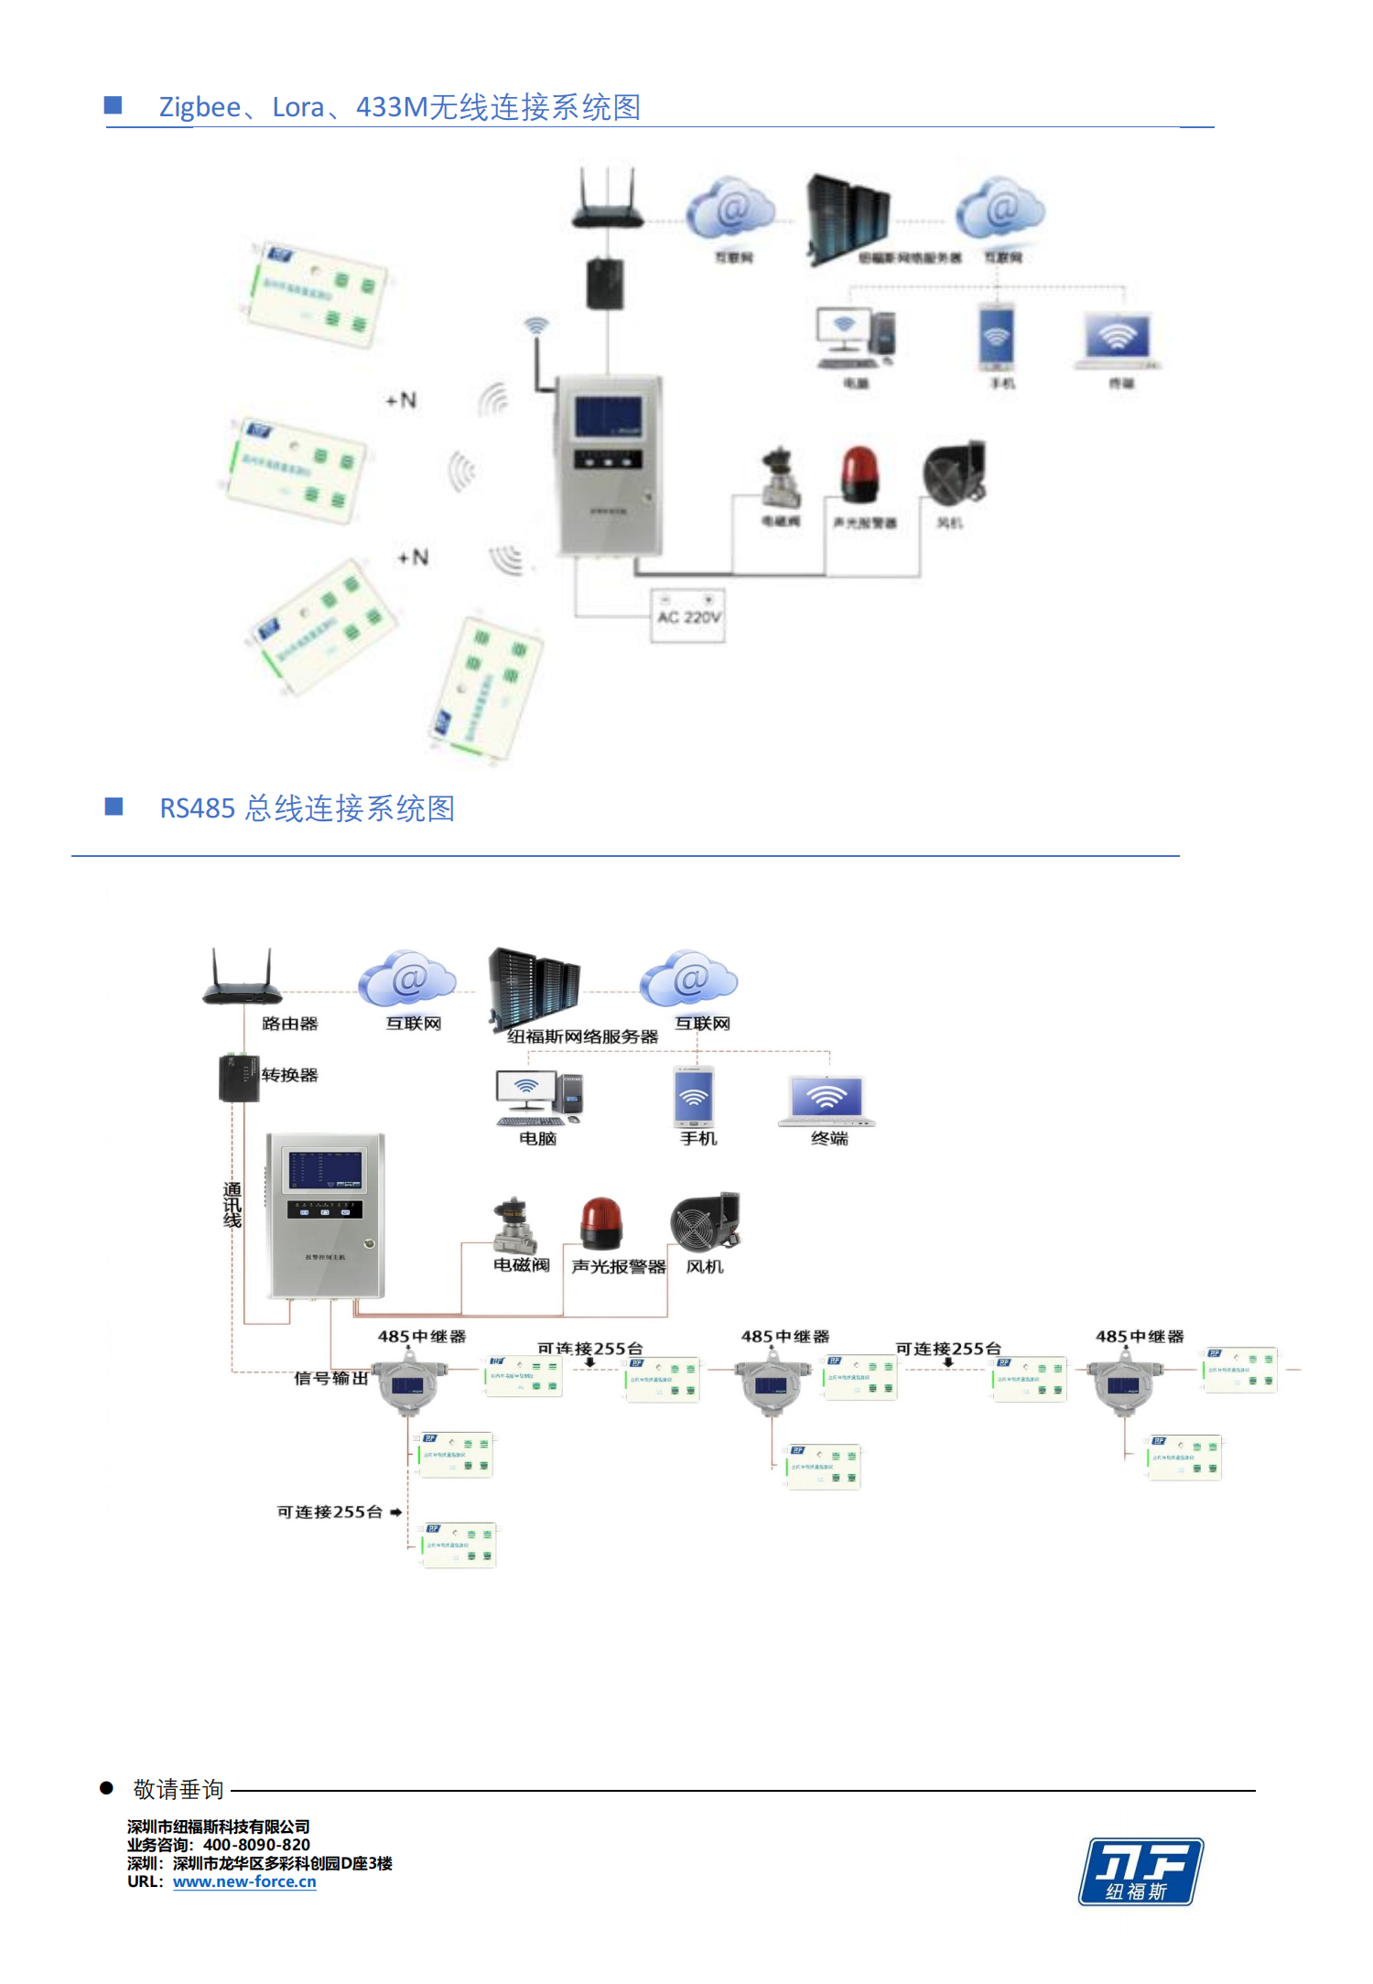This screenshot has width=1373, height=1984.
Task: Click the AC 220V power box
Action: (687, 615)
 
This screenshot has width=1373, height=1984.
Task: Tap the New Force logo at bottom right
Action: (1141, 1871)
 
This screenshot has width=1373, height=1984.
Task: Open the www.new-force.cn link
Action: (244, 1881)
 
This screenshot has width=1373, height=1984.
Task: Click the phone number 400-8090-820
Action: (256, 1845)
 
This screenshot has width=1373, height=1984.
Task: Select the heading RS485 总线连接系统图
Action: (307, 808)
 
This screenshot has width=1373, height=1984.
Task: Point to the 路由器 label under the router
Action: (289, 1024)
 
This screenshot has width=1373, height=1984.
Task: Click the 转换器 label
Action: (289, 1075)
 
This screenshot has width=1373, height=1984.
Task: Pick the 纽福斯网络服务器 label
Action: (582, 1036)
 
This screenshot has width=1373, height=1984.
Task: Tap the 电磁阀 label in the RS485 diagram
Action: (521, 1265)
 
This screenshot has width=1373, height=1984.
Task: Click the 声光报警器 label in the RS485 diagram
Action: (619, 1266)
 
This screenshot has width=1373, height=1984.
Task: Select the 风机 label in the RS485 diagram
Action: (705, 1266)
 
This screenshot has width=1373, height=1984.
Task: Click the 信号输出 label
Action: (330, 1378)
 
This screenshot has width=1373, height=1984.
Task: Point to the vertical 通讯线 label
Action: (232, 1205)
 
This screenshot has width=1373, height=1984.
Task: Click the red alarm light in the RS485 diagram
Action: (600, 1223)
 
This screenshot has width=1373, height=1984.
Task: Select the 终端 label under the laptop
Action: (829, 1138)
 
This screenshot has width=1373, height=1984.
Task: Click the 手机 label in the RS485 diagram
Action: (698, 1138)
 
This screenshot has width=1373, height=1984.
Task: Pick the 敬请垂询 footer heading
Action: (178, 1789)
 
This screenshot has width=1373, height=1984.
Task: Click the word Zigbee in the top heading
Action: (200, 107)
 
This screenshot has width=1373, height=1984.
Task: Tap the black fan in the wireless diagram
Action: (954, 472)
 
